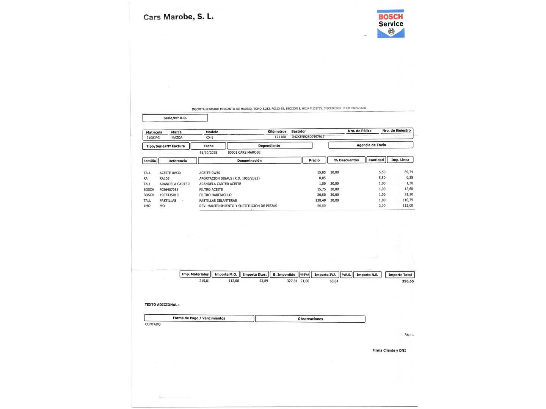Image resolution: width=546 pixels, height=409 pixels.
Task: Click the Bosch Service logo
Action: [391, 24]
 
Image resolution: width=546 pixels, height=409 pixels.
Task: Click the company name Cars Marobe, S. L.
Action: [178, 17]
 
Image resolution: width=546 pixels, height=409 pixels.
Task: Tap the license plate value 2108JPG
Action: [153, 138]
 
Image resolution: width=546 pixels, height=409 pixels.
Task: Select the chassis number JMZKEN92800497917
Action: [308, 137]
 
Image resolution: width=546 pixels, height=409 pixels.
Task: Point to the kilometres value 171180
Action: [280, 137]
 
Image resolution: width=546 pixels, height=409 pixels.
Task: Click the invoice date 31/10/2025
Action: [208, 153]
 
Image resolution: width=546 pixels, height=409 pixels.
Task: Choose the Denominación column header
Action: [249, 161]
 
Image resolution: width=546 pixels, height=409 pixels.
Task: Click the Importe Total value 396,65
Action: [408, 281]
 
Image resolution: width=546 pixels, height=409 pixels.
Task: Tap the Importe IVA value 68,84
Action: [334, 281]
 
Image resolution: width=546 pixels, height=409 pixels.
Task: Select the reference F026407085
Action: [169, 190]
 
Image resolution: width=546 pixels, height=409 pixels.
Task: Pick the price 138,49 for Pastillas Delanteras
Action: [320, 200]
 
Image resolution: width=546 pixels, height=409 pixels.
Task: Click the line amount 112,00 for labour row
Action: [408, 206]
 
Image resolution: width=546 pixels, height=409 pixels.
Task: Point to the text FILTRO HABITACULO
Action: [215, 195]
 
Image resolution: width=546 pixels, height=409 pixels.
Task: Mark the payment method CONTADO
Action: [153, 324]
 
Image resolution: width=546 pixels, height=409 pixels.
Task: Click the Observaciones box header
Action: [310, 319]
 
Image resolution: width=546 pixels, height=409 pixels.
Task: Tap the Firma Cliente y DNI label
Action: [389, 351]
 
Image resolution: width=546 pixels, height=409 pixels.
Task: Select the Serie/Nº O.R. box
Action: [175, 118]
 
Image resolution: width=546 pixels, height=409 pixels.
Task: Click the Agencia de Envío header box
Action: [371, 145]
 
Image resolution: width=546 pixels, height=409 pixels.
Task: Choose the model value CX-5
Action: [210, 137]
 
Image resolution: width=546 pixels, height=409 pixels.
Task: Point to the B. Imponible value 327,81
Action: [292, 281]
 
